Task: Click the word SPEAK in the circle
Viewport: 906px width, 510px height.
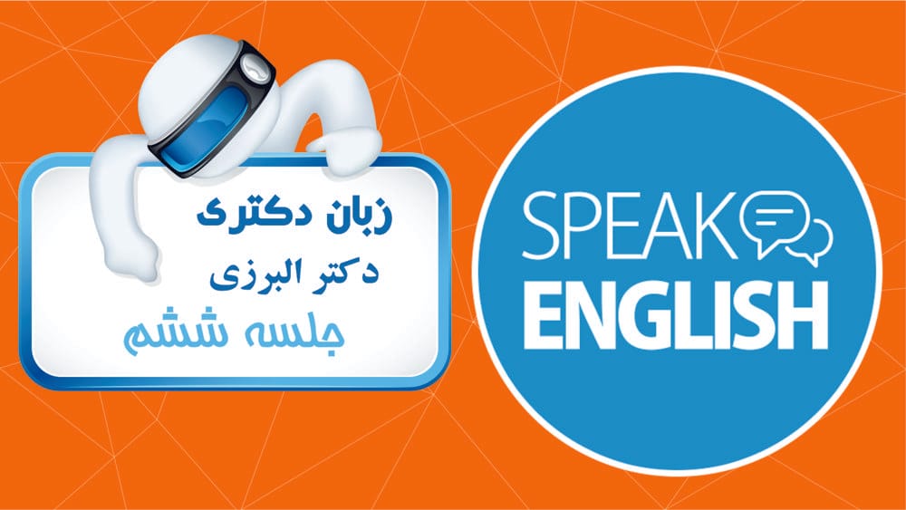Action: click(630, 226)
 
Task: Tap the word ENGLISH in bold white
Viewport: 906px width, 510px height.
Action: click(676, 315)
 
